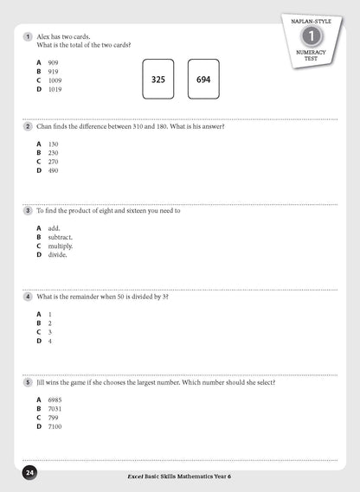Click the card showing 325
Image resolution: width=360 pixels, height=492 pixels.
157,79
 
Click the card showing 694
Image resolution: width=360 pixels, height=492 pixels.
203,79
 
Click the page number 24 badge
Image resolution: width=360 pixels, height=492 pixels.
29,473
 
